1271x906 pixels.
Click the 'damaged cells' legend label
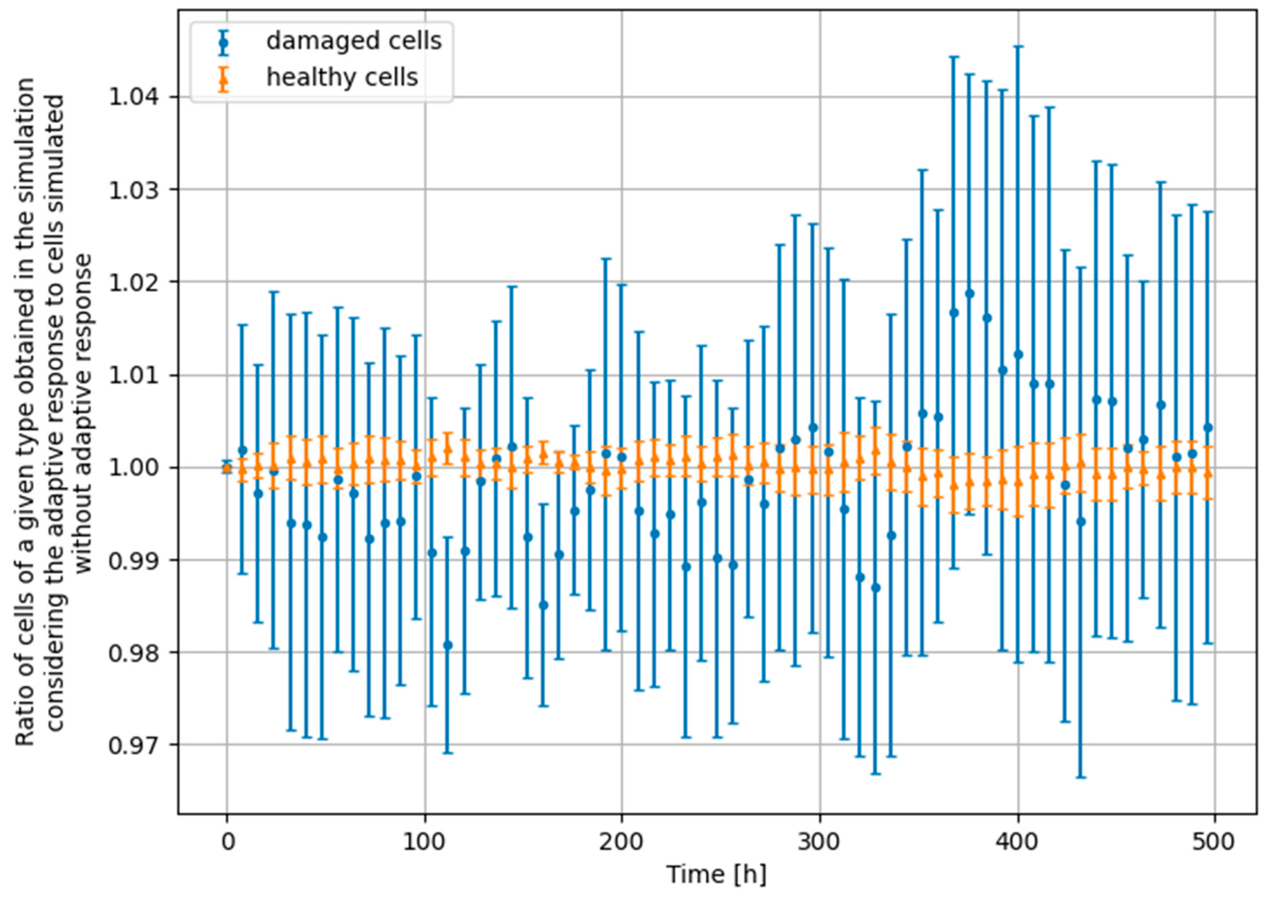354,41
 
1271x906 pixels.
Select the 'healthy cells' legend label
342,77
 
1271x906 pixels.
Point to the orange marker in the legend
224,79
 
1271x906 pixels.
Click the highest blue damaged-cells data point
970,294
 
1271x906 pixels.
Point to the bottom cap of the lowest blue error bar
1081,777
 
